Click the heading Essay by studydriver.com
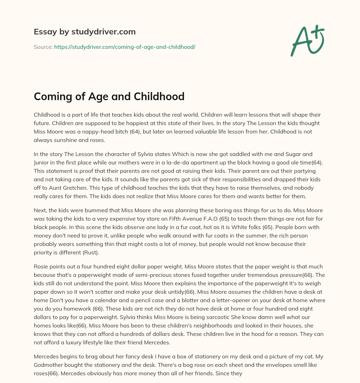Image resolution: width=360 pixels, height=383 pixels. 85,32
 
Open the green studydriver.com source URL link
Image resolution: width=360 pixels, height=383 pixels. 124,47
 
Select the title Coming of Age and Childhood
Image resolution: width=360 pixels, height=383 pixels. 109,96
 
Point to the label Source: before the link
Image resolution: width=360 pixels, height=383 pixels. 43,47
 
